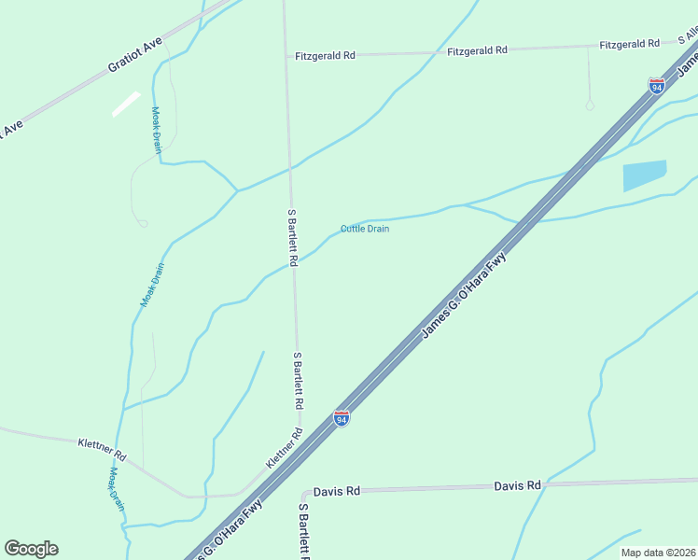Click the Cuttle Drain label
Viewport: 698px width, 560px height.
tap(365, 229)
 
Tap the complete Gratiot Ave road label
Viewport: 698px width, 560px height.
tap(135, 55)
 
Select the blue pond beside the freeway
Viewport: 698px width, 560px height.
tap(644, 175)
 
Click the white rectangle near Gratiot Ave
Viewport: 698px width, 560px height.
tap(126, 104)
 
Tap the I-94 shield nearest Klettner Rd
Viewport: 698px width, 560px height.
tap(342, 419)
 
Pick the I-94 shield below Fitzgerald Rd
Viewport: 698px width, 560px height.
tap(657, 86)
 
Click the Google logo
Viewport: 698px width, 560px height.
tap(31, 549)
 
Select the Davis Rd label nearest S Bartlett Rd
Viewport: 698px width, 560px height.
tap(337, 491)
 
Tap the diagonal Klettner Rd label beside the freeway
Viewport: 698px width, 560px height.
tap(285, 449)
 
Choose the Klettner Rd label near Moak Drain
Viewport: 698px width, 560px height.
tap(102, 449)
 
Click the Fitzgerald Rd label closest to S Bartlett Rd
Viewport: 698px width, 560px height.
tap(325, 56)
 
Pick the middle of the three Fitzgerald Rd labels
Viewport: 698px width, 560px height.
tap(478, 49)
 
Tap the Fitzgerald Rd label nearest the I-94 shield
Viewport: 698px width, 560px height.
tap(630, 44)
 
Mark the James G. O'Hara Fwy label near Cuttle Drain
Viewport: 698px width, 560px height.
tap(464, 295)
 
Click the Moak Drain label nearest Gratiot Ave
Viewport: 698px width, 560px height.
tap(157, 129)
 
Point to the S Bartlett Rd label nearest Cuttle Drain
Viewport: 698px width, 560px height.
tap(292, 238)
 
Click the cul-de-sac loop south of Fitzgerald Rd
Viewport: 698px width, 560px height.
tap(590, 105)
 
